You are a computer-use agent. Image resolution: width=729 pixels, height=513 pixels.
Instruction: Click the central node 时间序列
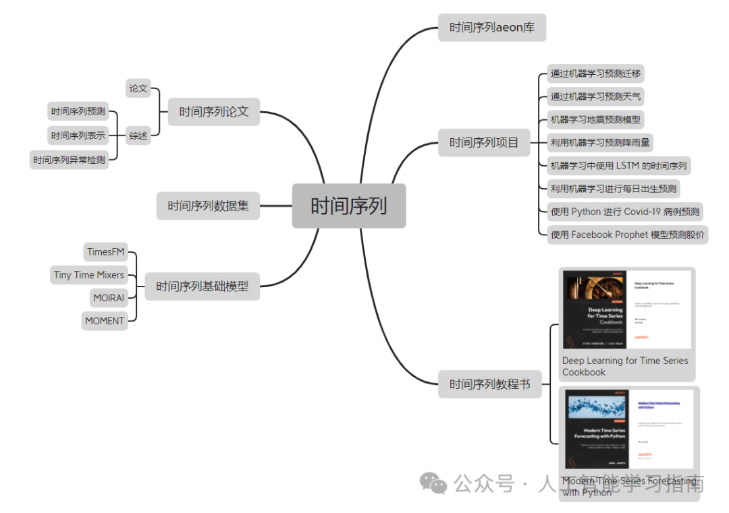coord(349,206)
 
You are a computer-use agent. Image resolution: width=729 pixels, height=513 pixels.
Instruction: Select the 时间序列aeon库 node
coord(491,28)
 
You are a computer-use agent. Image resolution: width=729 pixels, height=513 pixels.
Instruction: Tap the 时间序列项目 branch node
coord(484,142)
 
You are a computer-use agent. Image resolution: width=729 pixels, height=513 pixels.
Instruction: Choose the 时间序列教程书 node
coord(490,384)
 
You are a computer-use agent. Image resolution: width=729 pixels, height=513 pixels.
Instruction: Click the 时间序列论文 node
coord(213,112)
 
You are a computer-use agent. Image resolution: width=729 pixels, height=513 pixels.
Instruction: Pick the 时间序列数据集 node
coord(208,206)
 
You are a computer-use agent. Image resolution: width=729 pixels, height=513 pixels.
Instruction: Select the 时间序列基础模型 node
coord(202,286)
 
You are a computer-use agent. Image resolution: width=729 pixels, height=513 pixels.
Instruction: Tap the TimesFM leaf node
coord(105,252)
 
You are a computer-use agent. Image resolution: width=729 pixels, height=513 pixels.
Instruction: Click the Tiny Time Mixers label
coord(89,275)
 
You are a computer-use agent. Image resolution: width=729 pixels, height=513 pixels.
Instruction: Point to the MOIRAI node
coord(108,298)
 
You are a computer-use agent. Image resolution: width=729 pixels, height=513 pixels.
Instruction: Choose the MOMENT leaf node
coord(105,321)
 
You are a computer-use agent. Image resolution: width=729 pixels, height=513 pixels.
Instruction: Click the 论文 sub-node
coord(138,88)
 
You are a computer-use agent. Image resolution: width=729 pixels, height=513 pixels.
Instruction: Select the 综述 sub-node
coord(138,135)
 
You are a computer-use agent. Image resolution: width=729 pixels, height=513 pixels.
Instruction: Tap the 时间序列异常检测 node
coord(69,160)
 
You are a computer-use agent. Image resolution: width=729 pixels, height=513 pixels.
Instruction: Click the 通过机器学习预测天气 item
coord(595,96)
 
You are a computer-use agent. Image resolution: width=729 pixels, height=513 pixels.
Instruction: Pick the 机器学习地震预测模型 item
coord(595,120)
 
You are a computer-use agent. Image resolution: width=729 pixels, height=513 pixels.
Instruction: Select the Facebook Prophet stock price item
coord(628,235)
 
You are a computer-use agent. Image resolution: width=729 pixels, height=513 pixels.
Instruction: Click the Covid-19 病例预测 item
coord(625,212)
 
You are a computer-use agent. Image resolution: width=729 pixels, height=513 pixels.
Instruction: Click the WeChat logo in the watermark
coord(433,483)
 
